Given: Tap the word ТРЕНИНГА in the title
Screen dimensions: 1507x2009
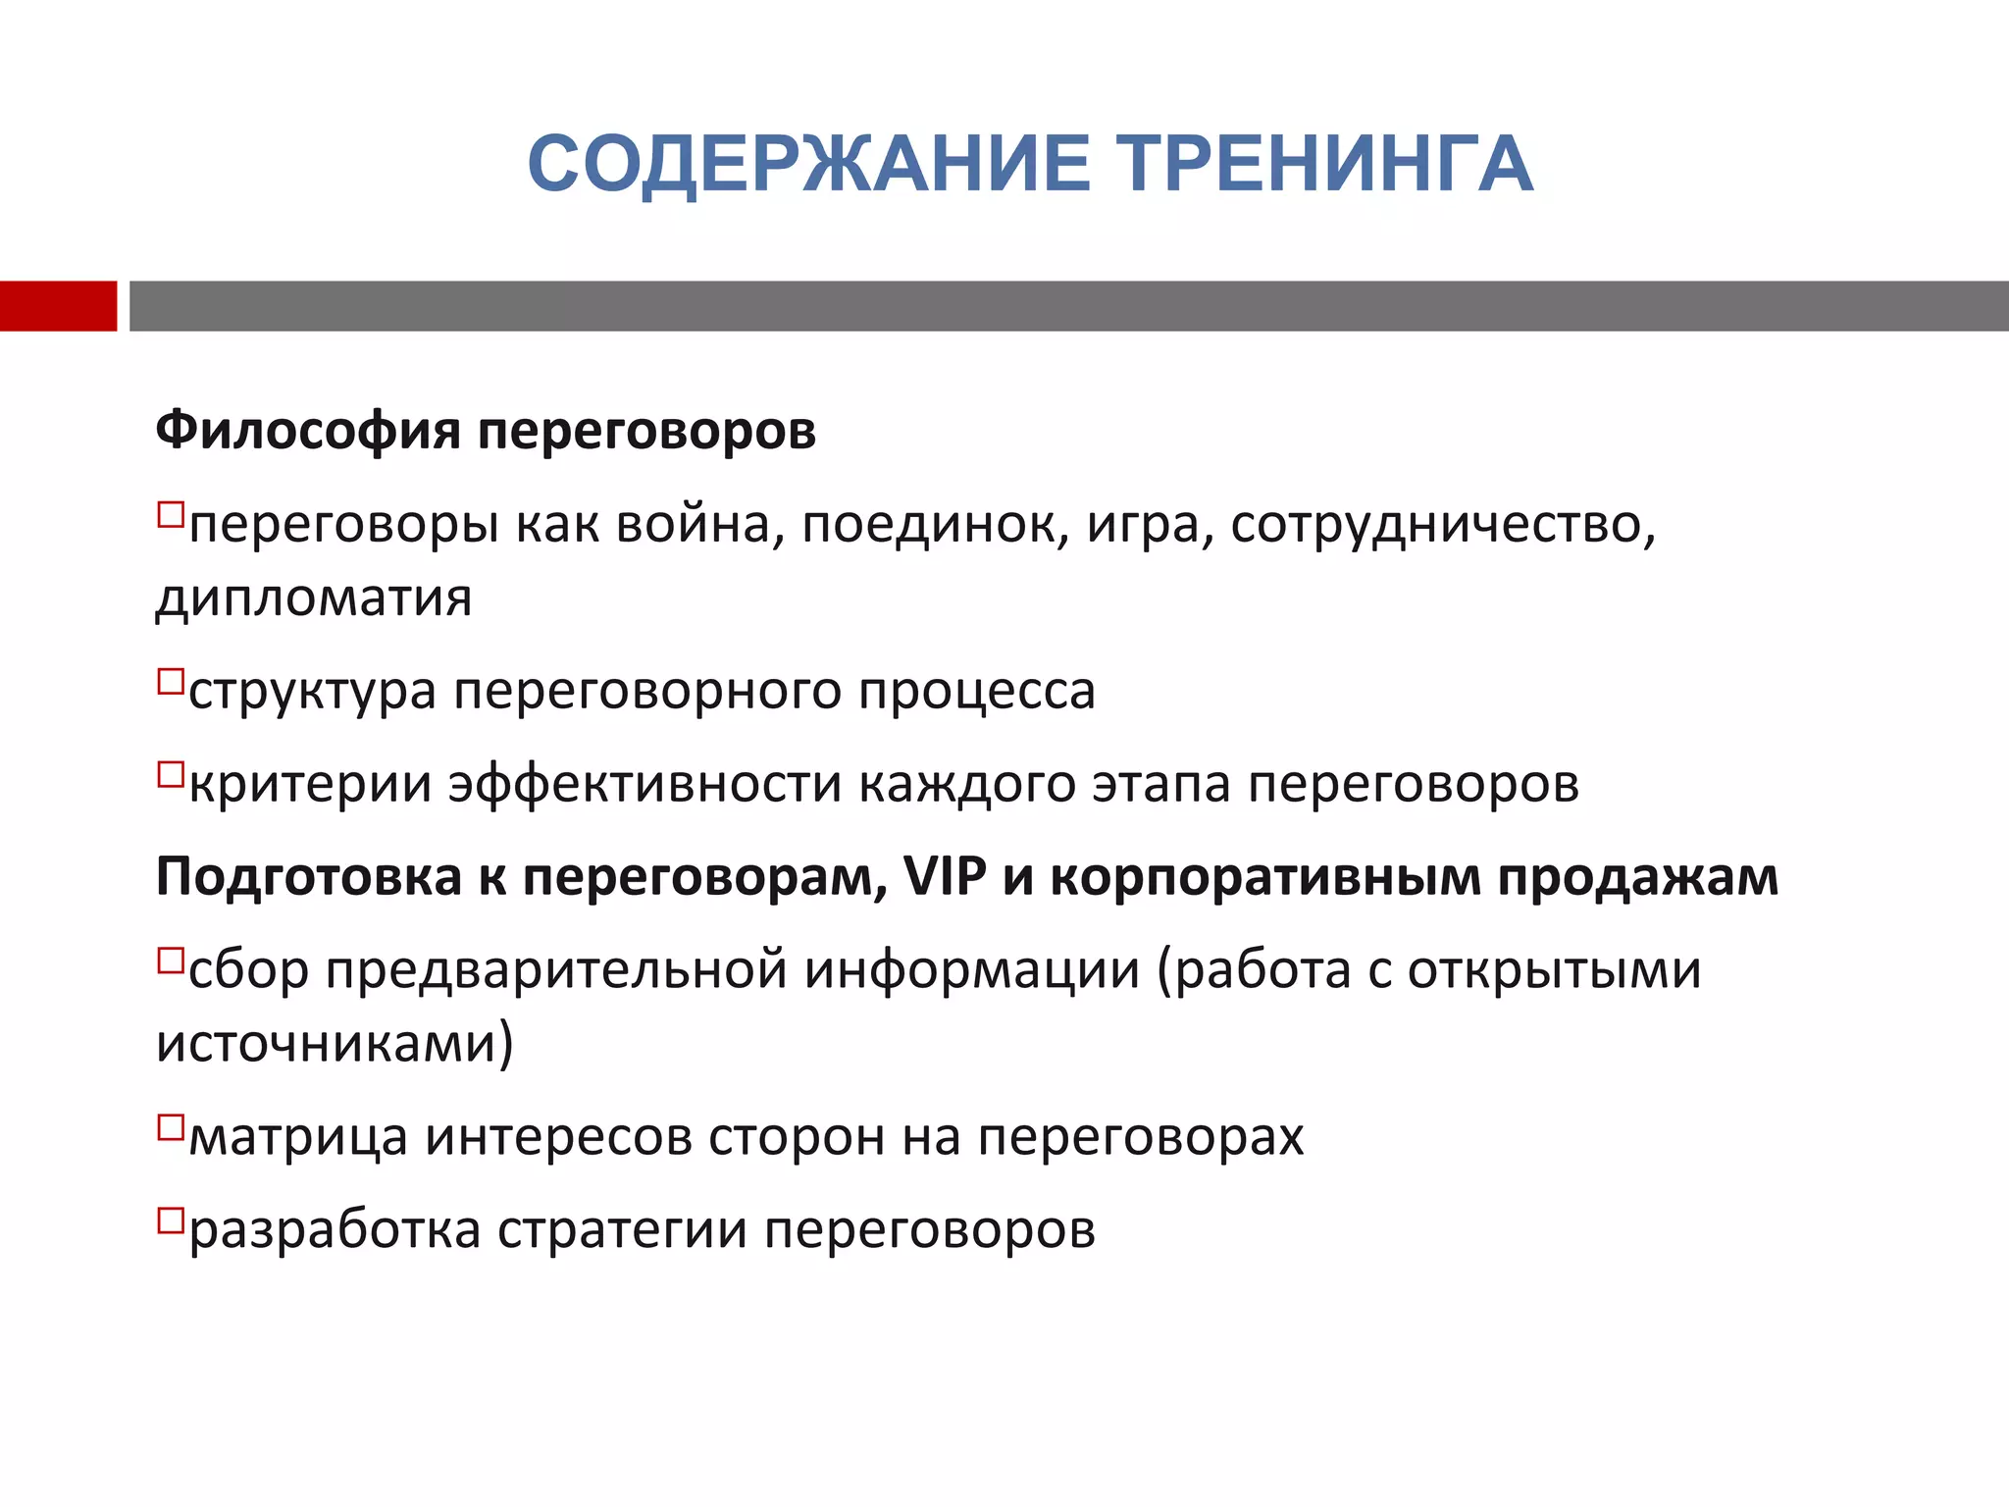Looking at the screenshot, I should pyautogui.click(x=1326, y=164).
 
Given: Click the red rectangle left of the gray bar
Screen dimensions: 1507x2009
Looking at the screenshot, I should pyautogui.click(x=58, y=306).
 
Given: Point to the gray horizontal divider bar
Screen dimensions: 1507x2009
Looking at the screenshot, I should pyautogui.click(x=1068, y=306).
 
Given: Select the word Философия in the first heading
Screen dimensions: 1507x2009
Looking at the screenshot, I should pyautogui.click(x=308, y=432).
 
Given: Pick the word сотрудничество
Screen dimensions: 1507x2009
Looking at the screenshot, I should pyautogui.click(x=1442, y=525).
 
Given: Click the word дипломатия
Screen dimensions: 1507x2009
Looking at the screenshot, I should pyautogui.click(x=314, y=598).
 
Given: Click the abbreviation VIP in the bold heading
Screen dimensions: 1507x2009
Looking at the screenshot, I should pyautogui.click(x=944, y=876).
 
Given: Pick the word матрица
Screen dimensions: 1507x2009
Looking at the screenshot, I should pyautogui.click(x=298, y=1138).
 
